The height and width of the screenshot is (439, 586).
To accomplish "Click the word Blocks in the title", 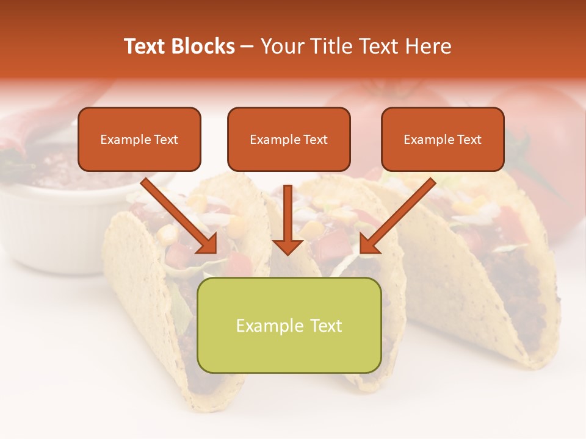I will click(204, 46).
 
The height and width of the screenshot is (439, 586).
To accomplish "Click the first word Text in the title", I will click(146, 46).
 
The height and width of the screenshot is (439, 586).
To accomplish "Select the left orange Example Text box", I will click(139, 139).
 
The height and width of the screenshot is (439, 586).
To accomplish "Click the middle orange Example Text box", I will click(289, 139).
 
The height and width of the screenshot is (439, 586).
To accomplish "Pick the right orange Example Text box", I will click(443, 139).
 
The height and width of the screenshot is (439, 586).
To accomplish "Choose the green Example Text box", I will click(289, 325).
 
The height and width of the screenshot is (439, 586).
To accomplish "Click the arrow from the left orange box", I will click(180, 216).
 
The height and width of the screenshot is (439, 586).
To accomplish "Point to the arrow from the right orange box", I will click(397, 216).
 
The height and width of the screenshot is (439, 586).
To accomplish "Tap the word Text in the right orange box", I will click(468, 140).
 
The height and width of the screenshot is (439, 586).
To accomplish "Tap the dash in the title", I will click(247, 46).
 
